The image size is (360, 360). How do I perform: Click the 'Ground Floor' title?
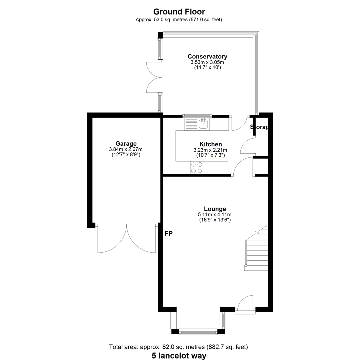(x=179, y=12)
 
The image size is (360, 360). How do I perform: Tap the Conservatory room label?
(x=207, y=56)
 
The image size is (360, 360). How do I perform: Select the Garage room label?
(x=126, y=144)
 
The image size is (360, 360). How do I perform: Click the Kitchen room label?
(x=211, y=144)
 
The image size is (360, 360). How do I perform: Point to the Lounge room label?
(x=215, y=209)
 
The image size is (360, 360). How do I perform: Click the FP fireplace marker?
(x=169, y=233)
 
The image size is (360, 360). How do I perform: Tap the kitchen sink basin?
(x=203, y=124)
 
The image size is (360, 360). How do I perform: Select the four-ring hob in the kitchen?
(x=197, y=168)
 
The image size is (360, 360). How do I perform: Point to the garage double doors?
(x=127, y=239)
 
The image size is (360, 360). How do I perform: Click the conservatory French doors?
(x=154, y=77)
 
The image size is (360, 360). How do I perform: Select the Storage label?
(x=259, y=127)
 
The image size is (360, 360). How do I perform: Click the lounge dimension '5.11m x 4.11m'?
(x=215, y=215)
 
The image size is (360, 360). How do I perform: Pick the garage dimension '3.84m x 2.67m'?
(x=126, y=149)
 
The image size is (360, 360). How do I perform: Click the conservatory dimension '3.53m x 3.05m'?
(x=207, y=62)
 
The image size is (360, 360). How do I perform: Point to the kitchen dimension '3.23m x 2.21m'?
(x=210, y=150)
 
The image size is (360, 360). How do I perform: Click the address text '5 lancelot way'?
(x=179, y=356)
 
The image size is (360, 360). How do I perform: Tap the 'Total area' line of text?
(x=178, y=347)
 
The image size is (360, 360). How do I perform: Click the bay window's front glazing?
(x=198, y=331)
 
